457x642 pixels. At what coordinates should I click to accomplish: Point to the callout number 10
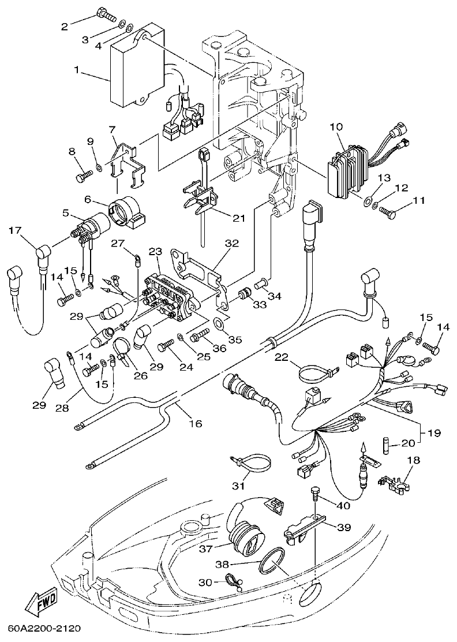coord(336,126)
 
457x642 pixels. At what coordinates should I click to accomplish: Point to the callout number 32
coord(231,244)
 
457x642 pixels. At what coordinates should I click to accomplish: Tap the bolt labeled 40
coord(314,492)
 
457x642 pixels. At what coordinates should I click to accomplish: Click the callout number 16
coord(196,423)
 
